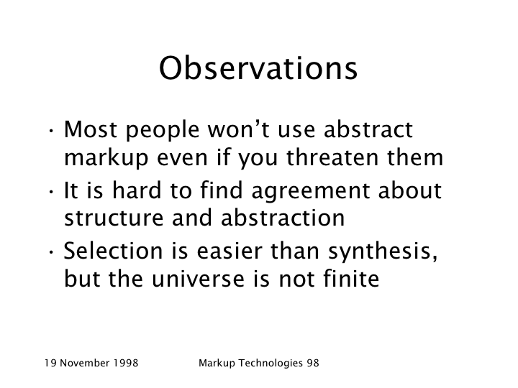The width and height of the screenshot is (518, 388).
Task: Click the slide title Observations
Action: coord(258,68)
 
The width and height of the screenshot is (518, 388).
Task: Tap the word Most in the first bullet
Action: coord(90,129)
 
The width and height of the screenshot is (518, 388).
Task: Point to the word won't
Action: coord(239,129)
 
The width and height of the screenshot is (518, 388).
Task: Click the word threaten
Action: coord(332,157)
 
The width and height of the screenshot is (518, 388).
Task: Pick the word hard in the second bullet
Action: coord(137,190)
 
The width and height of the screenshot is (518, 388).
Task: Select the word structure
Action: coord(114,218)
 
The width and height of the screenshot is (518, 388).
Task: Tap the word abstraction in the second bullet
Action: coord(283,218)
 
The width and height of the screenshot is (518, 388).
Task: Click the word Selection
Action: coord(113,251)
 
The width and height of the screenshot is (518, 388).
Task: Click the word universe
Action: coord(199,279)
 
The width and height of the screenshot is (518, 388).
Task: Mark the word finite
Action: coord(351,279)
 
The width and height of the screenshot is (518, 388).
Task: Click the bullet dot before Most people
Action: coord(51,130)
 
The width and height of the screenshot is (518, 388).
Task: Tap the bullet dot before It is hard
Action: coord(51,191)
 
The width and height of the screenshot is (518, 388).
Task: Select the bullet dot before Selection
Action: coord(51,252)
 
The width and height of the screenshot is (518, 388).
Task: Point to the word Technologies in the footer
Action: coord(271,364)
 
